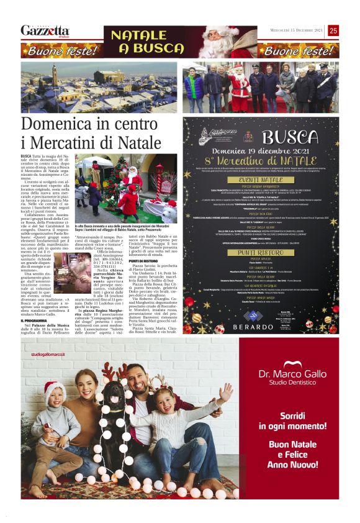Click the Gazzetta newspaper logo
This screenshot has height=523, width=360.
(45, 30)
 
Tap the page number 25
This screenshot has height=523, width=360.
(351, 30)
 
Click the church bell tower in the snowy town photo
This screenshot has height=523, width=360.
(55, 75)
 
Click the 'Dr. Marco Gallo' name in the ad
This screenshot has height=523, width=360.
(292, 374)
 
